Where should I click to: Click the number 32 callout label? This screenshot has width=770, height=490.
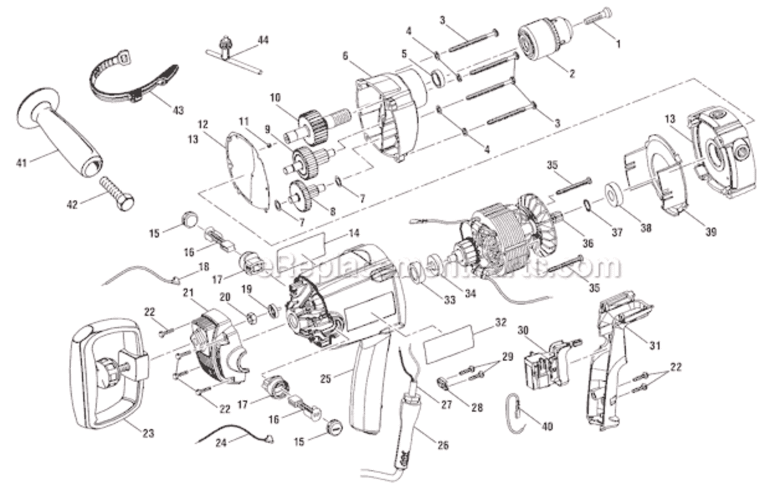click(x=501, y=322)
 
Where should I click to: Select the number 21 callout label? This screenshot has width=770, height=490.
click(x=189, y=293)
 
